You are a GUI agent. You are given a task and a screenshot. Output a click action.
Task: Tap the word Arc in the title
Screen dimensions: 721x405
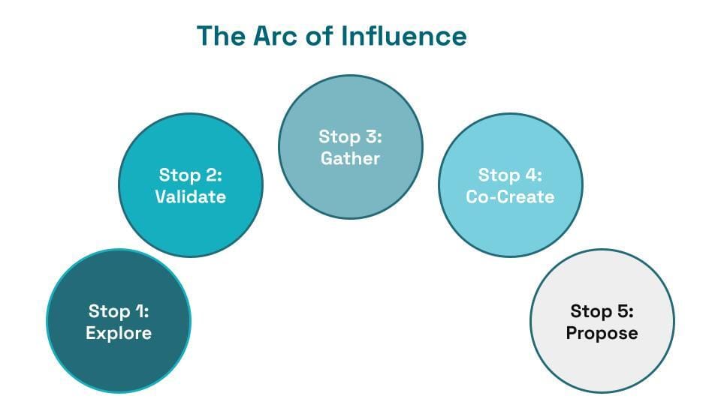(276, 36)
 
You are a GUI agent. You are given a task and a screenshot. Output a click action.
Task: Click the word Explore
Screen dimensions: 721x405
(119, 333)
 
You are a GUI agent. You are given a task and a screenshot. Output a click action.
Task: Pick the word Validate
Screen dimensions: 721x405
(190, 196)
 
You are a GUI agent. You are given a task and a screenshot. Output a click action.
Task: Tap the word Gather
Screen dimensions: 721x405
(351, 158)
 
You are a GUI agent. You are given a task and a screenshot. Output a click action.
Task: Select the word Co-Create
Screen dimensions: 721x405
(510, 196)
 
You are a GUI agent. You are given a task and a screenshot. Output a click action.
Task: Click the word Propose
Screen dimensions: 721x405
(602, 333)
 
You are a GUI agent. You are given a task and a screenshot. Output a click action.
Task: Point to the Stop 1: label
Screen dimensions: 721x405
(119, 311)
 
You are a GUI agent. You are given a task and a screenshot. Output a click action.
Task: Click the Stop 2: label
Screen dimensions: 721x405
(190, 175)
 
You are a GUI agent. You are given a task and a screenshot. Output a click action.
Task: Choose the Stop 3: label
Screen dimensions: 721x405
(351, 136)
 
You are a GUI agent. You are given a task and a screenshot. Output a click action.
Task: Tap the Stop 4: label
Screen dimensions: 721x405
(510, 175)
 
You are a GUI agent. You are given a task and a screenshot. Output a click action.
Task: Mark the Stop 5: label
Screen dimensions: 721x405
(602, 311)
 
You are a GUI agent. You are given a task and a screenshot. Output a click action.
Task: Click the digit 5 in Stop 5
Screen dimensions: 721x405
(623, 311)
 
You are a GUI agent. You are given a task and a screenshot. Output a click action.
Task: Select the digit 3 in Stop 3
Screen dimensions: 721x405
(372, 136)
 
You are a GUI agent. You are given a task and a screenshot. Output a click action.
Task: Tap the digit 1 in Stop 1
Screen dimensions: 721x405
(140, 311)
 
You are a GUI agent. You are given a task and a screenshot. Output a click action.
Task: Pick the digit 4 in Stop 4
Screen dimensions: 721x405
(531, 175)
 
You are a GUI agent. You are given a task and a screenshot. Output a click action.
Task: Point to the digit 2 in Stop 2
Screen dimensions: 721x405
(211, 175)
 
